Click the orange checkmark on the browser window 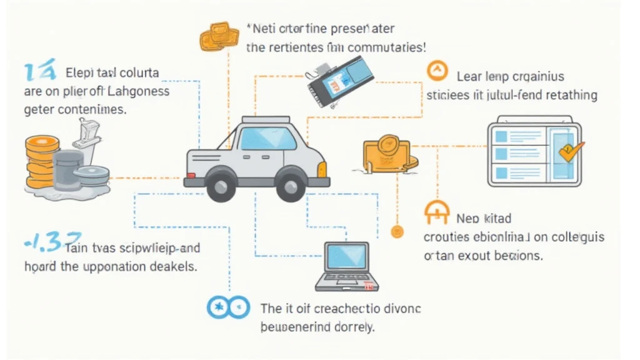point(570,151)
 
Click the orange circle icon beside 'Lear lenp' point(437,72)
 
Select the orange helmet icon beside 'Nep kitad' point(436,213)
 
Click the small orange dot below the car point(396,232)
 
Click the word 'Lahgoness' point(139,92)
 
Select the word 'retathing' point(569,96)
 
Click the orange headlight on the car point(322,167)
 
